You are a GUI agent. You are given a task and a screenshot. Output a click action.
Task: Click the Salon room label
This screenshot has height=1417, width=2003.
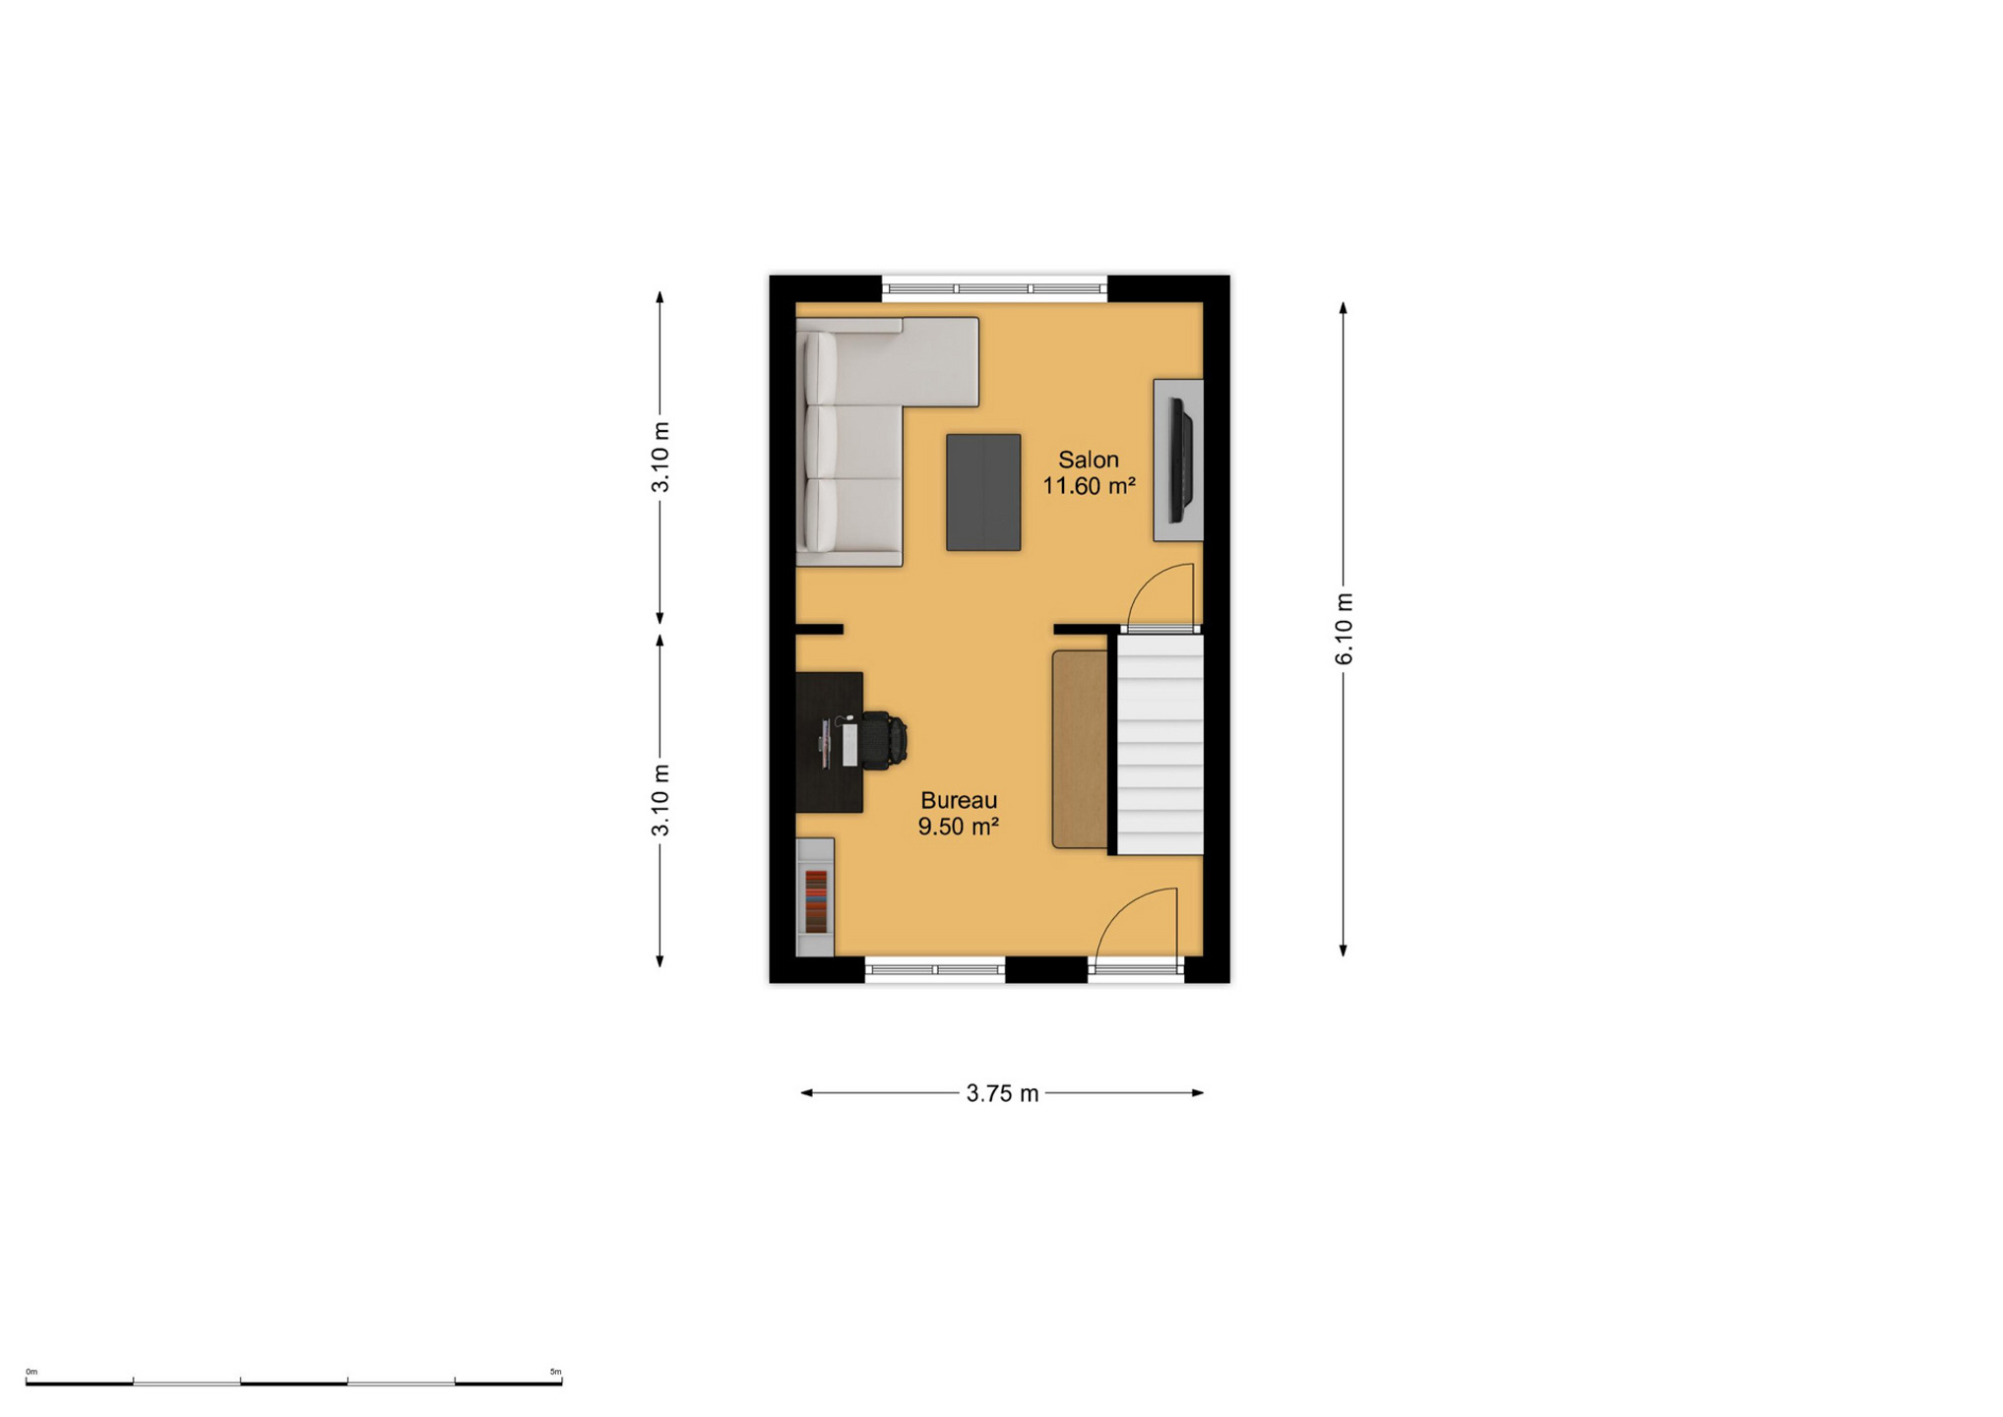[x=1088, y=460]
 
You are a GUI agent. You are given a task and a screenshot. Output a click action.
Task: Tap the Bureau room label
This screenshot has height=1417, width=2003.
[x=959, y=800]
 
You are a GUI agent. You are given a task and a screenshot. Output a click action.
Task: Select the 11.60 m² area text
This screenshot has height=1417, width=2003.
[x=1089, y=486]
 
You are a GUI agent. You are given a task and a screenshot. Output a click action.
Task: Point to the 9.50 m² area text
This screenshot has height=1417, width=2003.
[x=959, y=827]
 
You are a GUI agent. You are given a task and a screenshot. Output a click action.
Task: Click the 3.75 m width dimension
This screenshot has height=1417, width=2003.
[x=1002, y=1093]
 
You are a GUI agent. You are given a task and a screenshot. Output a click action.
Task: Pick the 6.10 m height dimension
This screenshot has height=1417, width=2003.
[x=1345, y=629]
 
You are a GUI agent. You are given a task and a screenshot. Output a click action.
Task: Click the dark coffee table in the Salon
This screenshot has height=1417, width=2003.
[x=983, y=492]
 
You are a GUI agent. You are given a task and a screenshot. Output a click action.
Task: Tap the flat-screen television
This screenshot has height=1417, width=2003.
[x=1180, y=460]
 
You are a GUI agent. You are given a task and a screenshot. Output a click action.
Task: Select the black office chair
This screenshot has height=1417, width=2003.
[x=883, y=739]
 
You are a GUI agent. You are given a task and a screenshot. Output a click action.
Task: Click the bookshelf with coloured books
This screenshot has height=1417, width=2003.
[x=815, y=896]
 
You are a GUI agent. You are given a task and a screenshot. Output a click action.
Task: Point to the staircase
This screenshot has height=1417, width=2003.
[x=1159, y=744]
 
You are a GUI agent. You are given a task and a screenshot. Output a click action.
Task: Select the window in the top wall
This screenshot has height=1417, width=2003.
[x=994, y=288]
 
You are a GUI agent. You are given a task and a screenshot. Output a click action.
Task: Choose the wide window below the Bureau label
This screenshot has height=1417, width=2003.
[x=935, y=970]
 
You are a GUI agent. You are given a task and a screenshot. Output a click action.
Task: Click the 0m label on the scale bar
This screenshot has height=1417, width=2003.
[x=31, y=1372]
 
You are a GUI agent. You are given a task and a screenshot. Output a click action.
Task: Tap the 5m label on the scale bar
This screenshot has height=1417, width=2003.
[x=555, y=1372]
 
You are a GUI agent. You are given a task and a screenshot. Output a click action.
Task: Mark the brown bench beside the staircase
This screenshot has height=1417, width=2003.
[x=1080, y=749]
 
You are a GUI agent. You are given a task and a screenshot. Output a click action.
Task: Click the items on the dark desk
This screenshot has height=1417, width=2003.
[x=836, y=742]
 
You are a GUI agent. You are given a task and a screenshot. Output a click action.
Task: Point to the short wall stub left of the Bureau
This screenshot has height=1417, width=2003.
[x=819, y=630]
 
